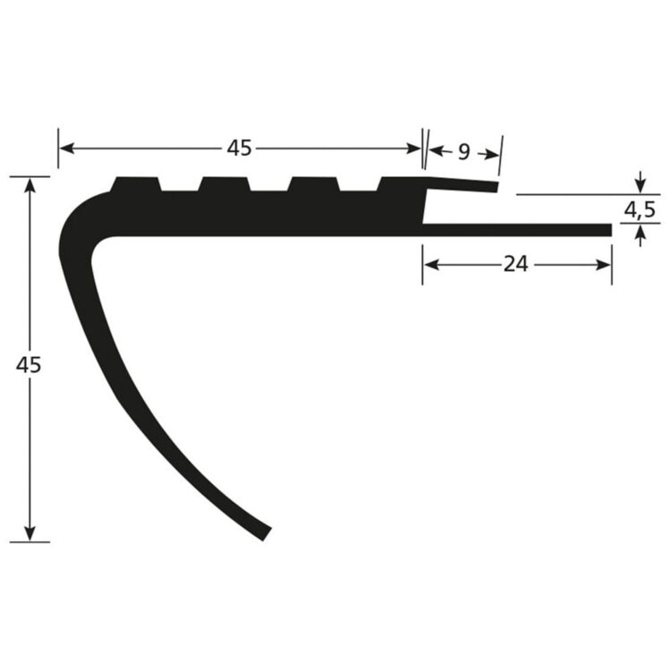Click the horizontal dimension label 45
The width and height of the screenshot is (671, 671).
[x=239, y=149]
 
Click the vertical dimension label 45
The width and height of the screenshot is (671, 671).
[x=30, y=365]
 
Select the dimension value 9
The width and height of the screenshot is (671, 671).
[x=463, y=152]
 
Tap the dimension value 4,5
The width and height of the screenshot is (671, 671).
[x=640, y=211]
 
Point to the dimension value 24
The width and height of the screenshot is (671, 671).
[x=517, y=264]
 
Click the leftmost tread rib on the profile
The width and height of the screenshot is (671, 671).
[x=135, y=185]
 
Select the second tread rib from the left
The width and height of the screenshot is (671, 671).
[x=225, y=185]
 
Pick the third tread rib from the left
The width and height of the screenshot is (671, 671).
[x=313, y=185]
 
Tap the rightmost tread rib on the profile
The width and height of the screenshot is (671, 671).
[x=401, y=185]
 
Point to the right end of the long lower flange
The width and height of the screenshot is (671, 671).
[x=608, y=230]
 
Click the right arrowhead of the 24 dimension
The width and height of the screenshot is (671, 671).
[x=606, y=264]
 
